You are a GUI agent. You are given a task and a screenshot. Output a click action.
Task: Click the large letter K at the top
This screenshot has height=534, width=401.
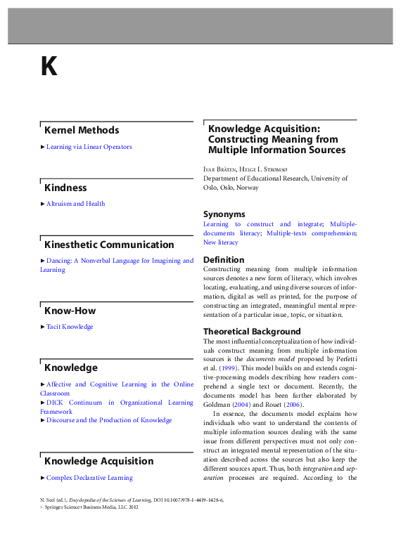click(x=49, y=66)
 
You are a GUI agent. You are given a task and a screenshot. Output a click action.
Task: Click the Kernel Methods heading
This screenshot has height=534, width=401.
click(x=82, y=130)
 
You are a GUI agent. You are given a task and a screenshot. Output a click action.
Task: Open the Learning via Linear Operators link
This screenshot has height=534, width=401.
click(x=89, y=147)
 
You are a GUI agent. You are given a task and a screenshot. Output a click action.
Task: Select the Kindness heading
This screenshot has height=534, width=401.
click(x=65, y=188)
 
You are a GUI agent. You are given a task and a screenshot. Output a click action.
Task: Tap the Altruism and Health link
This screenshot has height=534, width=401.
click(x=75, y=204)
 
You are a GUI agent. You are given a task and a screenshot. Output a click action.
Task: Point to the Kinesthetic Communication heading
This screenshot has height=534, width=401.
click(x=109, y=245)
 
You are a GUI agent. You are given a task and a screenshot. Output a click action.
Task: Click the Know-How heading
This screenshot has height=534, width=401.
click(x=70, y=311)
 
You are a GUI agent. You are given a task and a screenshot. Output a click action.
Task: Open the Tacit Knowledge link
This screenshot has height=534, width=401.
click(x=70, y=327)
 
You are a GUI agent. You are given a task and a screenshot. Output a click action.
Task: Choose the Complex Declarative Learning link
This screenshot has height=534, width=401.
click(x=89, y=478)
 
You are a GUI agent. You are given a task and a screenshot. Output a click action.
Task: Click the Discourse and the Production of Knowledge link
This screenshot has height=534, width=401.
click(x=109, y=420)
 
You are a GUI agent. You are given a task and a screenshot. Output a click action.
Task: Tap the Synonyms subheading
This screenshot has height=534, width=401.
click(x=224, y=214)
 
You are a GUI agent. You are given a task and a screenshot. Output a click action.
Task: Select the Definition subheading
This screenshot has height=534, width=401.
click(x=224, y=259)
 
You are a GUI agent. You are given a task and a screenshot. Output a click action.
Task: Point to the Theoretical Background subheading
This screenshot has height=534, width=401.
click(x=252, y=331)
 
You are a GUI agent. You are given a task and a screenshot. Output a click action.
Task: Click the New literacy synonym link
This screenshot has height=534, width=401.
click(x=221, y=242)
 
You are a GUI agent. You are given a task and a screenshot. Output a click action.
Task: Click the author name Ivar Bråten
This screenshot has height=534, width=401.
click(x=219, y=169)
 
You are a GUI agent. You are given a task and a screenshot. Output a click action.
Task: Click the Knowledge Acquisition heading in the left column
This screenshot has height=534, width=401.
click(x=98, y=461)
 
